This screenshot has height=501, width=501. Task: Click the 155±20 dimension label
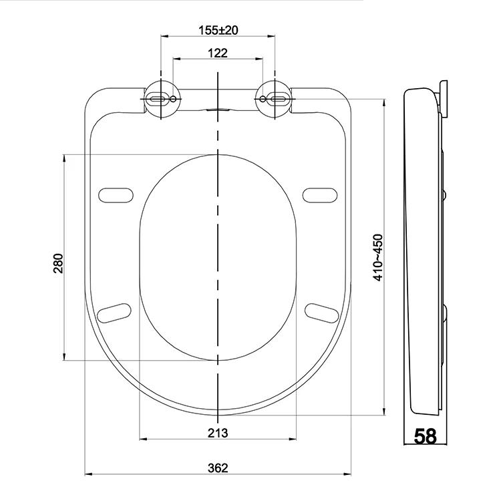[x=218, y=30]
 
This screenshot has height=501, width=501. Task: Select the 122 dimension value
[x=218, y=53]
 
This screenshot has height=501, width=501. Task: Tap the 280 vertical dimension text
[x=58, y=263]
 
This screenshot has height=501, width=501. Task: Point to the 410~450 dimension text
[x=378, y=258]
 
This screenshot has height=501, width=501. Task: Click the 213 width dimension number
[x=218, y=434]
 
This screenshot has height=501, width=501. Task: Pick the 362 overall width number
[x=218, y=468]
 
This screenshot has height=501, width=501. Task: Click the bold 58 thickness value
[x=425, y=436]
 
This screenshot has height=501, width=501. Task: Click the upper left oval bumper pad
[x=116, y=195]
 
